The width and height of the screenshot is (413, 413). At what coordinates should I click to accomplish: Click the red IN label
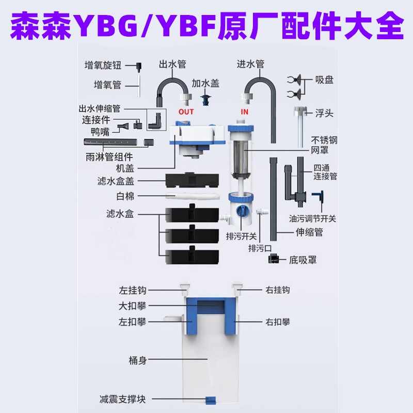pos(244,111)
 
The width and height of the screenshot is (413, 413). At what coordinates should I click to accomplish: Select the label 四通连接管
pos(325,172)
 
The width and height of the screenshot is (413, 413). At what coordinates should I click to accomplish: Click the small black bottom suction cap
pos(274,260)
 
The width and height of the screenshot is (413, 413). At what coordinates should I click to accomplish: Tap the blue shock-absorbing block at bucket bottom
pos(210,400)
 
